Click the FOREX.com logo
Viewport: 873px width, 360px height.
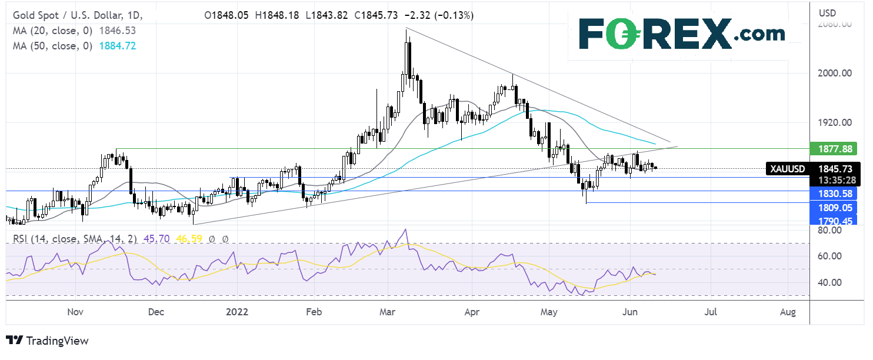tap(681, 34)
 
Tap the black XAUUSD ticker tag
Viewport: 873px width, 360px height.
tap(787, 169)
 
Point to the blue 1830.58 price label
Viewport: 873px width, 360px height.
tap(832, 193)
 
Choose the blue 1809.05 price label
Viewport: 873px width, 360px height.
tap(832, 207)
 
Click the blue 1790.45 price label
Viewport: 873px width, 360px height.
tap(832, 220)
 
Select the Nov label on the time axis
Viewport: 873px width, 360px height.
tap(75, 312)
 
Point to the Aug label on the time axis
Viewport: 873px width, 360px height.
tap(788, 312)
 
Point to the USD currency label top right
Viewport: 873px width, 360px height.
tap(828, 12)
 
